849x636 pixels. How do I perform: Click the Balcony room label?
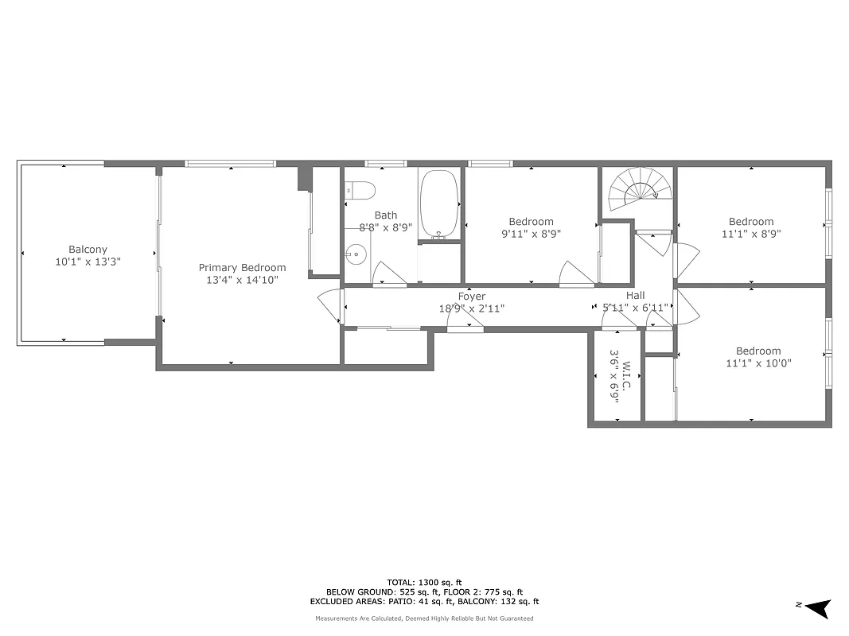(x=88, y=249)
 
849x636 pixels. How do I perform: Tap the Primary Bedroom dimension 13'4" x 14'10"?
(x=242, y=279)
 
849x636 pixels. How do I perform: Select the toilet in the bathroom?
(x=363, y=191)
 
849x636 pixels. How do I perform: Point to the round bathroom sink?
(x=356, y=257)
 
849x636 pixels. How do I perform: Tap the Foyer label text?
(x=471, y=297)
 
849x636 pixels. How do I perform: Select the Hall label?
(x=635, y=296)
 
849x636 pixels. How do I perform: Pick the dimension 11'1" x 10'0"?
(x=757, y=363)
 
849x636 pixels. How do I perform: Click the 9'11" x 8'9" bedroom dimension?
(x=531, y=234)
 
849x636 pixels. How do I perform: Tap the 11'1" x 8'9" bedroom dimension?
(x=751, y=234)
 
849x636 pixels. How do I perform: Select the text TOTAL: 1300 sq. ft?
(x=424, y=582)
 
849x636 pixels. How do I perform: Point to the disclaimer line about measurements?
(x=424, y=619)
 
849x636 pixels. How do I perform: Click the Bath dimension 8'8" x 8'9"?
(x=386, y=227)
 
